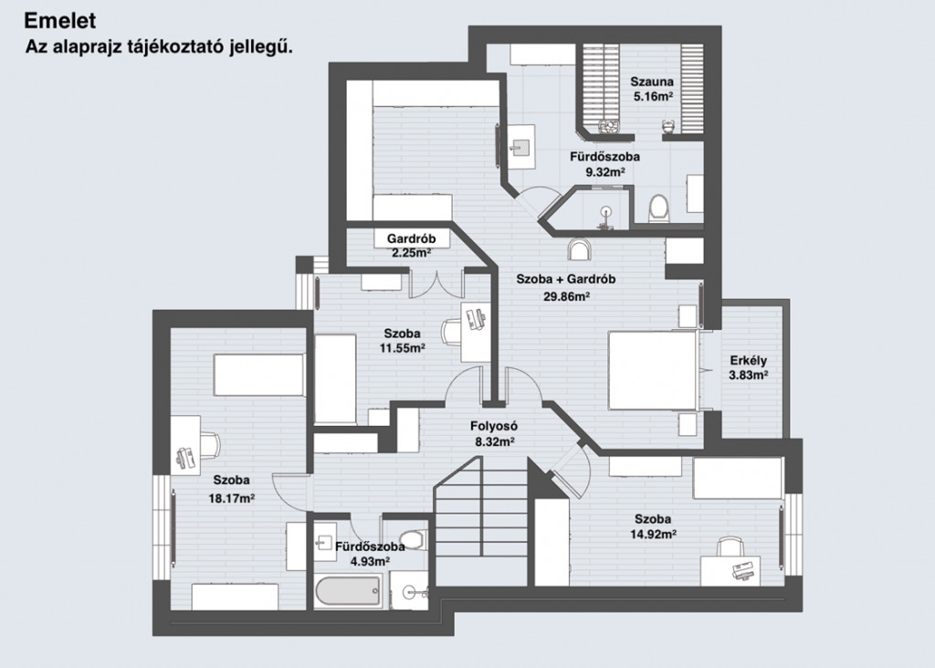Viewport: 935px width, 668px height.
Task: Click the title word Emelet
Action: (59, 21)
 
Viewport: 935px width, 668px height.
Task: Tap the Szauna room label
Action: (652, 81)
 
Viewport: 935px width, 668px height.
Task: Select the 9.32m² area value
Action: (605, 173)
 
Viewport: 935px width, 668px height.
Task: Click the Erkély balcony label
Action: (749, 361)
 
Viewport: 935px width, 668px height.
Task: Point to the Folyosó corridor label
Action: (494, 426)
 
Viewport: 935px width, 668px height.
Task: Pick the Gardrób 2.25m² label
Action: (412, 245)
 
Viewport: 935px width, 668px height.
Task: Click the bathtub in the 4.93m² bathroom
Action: (348, 590)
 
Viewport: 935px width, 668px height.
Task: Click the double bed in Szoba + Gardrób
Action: (653, 371)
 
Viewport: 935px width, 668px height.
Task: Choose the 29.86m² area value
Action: (566, 295)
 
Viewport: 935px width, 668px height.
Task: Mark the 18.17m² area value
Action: (231, 498)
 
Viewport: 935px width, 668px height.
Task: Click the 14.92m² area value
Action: (653, 535)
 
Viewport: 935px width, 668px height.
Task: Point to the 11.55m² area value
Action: (403, 348)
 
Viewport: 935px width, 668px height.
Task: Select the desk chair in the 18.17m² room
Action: (209, 445)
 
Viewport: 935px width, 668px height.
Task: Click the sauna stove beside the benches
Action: (609, 127)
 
